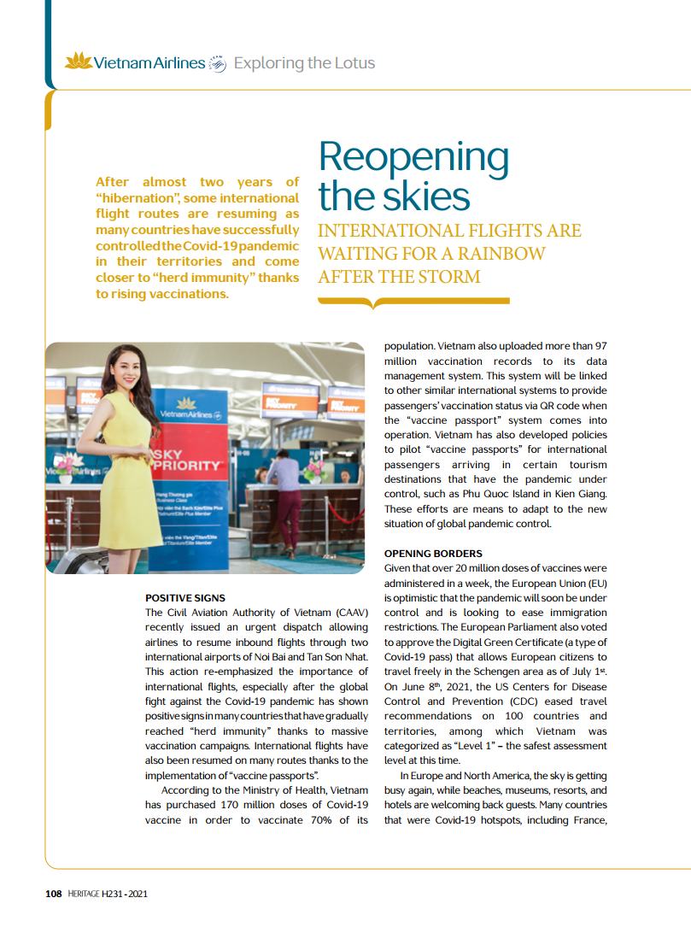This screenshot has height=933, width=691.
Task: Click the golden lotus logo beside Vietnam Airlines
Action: [x=78, y=62]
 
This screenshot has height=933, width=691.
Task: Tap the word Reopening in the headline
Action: [x=413, y=157]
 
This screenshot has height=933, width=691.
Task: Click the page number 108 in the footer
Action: [x=53, y=894]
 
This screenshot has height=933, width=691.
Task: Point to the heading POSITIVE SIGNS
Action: [x=185, y=597]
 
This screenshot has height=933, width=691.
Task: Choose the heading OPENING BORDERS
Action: [x=433, y=554]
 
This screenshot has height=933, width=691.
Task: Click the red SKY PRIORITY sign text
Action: [x=187, y=466]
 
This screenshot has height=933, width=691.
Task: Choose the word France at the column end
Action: [x=587, y=820]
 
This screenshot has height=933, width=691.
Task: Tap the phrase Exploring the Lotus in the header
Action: [x=304, y=63]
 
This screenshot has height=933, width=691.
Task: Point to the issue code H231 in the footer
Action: [x=114, y=894]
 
